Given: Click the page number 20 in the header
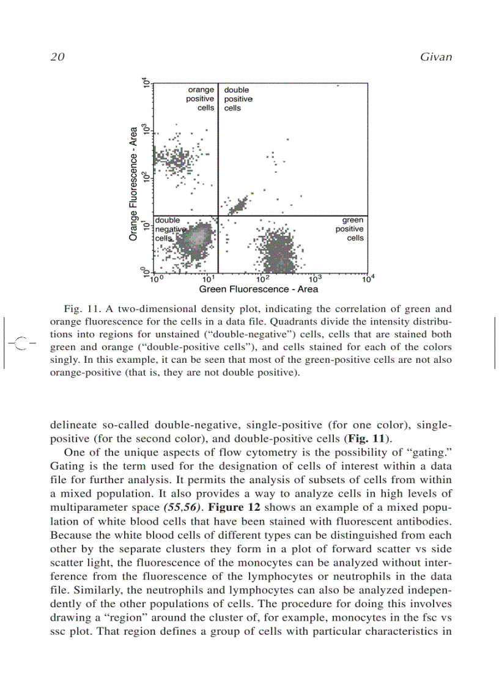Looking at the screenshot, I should (57, 57).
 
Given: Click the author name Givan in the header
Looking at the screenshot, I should (435, 57).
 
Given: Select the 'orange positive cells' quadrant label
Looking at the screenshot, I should (201, 99).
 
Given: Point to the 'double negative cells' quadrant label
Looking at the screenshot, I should (168, 228).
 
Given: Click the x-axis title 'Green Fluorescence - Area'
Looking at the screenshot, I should (259, 289).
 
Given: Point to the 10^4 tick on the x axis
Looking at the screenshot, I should (368, 279).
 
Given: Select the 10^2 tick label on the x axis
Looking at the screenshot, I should (262, 279).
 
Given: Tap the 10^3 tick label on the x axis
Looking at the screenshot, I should (315, 279).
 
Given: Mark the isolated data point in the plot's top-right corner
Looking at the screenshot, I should (338, 86).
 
